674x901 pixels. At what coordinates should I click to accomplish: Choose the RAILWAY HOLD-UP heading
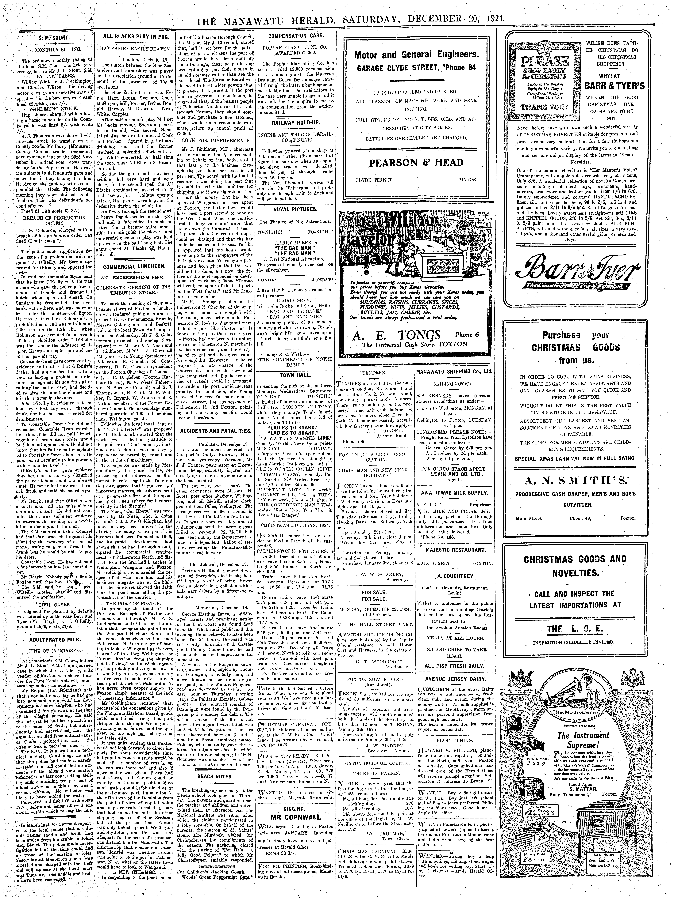pyautogui.click(x=296, y=123)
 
